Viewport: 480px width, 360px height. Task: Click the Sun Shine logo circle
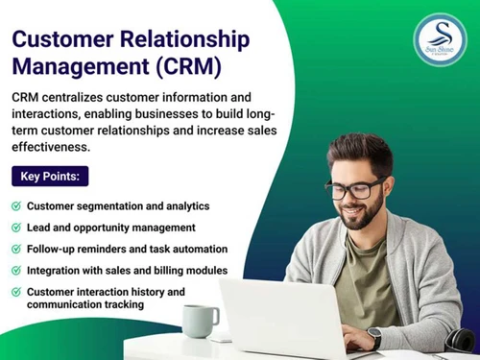(x=440, y=39)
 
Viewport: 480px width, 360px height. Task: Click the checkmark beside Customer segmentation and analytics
(x=15, y=206)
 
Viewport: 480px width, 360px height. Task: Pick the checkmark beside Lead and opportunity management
(x=15, y=228)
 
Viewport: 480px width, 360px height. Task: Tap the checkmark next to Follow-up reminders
(x=15, y=250)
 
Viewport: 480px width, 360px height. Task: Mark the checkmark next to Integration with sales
(x=15, y=271)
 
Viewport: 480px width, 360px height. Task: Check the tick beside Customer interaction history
(x=15, y=292)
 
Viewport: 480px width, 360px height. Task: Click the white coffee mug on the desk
(x=199, y=321)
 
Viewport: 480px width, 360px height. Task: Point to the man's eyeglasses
(x=355, y=187)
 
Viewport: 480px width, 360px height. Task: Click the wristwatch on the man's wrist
(x=374, y=338)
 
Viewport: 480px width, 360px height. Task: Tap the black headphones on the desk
(x=459, y=338)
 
